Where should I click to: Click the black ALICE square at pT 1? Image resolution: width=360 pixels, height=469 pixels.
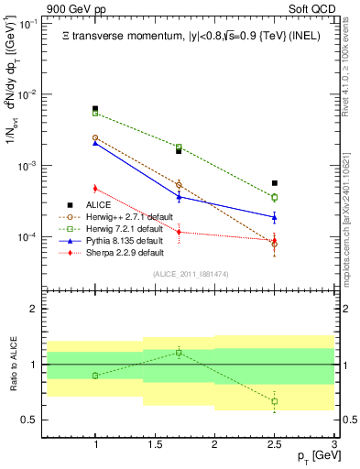95,109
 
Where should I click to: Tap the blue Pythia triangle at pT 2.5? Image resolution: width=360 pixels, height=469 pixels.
275,217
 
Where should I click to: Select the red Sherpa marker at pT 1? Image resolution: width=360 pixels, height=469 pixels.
95,189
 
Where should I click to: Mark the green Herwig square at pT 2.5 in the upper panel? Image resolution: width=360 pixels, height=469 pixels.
275,197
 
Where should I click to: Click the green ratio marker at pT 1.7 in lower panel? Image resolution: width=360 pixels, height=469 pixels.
180,352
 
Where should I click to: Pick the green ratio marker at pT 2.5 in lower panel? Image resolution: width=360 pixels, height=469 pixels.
275,401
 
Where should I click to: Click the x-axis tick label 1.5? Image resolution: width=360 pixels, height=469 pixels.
155,445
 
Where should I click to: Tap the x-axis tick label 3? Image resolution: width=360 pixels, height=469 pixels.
333,445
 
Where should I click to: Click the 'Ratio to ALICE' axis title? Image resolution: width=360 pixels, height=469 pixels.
12,365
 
